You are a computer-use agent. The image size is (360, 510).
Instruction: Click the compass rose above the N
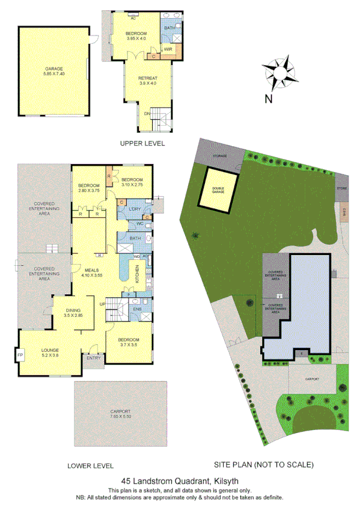(x=281, y=73)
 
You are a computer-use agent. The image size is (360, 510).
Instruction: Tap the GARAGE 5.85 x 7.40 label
(x=53, y=71)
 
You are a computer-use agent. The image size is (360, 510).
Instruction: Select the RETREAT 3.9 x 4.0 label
(x=147, y=81)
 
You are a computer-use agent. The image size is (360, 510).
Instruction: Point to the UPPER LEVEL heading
(x=142, y=143)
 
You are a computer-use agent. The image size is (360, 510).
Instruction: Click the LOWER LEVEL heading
(x=90, y=465)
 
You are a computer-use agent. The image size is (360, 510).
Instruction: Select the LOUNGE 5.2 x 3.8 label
(x=50, y=353)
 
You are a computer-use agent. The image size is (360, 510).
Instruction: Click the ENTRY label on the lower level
(x=93, y=358)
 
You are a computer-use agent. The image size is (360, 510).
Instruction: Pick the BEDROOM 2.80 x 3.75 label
(x=88, y=188)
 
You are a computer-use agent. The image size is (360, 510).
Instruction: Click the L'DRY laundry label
(x=135, y=209)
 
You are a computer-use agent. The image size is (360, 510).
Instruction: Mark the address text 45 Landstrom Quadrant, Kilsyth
(x=180, y=481)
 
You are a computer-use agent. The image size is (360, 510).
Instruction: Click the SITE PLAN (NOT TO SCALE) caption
(x=264, y=465)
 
